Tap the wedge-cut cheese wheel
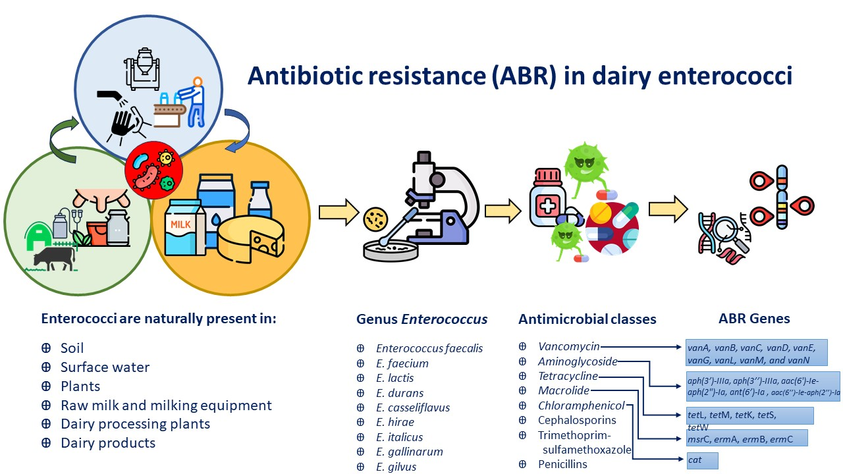click(x=251, y=239)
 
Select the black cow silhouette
click(x=54, y=259)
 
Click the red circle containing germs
click(x=154, y=170)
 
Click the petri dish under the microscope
click(x=391, y=251)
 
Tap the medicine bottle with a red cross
click(x=547, y=198)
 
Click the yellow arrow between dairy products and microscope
click(x=339, y=213)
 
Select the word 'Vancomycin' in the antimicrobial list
click(x=568, y=346)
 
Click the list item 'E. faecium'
click(x=402, y=363)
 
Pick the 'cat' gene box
click(x=702, y=460)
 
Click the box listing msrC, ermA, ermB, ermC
click(x=747, y=438)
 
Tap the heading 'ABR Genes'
click(x=754, y=319)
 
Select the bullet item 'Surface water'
click(x=105, y=367)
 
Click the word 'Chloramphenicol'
click(x=581, y=406)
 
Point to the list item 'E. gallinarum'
click(x=410, y=452)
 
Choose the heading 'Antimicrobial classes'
click(x=587, y=319)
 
